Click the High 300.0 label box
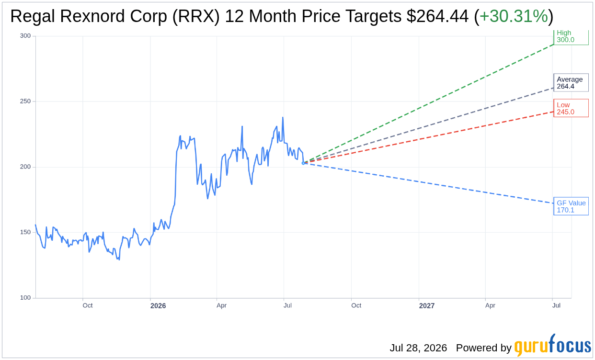click(x=571, y=37)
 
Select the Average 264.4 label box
click(x=571, y=82)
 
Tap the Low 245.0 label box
click(x=571, y=108)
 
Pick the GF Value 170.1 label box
click(x=571, y=206)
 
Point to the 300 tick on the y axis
click(x=25, y=36)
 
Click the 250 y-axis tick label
click(x=25, y=101)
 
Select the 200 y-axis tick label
click(x=25, y=167)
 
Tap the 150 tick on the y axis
click(x=25, y=232)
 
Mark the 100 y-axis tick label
click(x=25, y=298)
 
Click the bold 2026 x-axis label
click(x=158, y=306)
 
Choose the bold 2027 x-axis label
click(x=426, y=306)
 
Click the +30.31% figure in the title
click(x=514, y=16)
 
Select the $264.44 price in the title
click(x=437, y=16)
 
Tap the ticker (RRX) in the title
click(x=196, y=16)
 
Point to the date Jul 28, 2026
click(x=418, y=348)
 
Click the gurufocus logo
click(x=552, y=345)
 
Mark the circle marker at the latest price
click(x=303, y=163)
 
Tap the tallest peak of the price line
click(x=283, y=117)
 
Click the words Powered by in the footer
click(x=483, y=348)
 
